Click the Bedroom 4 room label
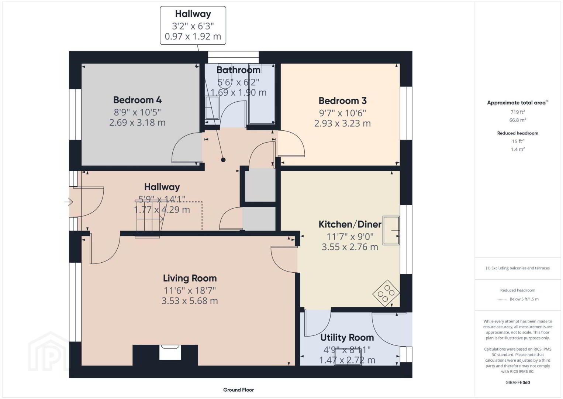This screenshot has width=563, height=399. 137,100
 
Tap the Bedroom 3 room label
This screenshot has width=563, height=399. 343,101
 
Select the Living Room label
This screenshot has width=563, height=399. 190,278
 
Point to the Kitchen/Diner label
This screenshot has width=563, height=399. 350,224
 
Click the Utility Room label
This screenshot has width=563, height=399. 347,337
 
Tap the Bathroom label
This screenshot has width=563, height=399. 238,70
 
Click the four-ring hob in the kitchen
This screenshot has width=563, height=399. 386,293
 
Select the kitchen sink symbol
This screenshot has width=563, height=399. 391,230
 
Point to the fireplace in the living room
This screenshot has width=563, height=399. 170,352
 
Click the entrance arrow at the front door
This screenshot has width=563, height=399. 69,202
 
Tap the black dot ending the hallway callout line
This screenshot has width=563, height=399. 223,160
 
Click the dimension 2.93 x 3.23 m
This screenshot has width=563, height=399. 343,123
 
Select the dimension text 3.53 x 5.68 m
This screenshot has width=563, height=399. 190,301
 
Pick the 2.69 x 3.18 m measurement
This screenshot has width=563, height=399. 137,123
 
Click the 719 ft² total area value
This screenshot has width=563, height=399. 518,112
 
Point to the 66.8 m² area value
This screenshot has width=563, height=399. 518,120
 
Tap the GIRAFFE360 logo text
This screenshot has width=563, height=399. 518,382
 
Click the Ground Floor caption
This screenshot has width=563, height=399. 239,390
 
